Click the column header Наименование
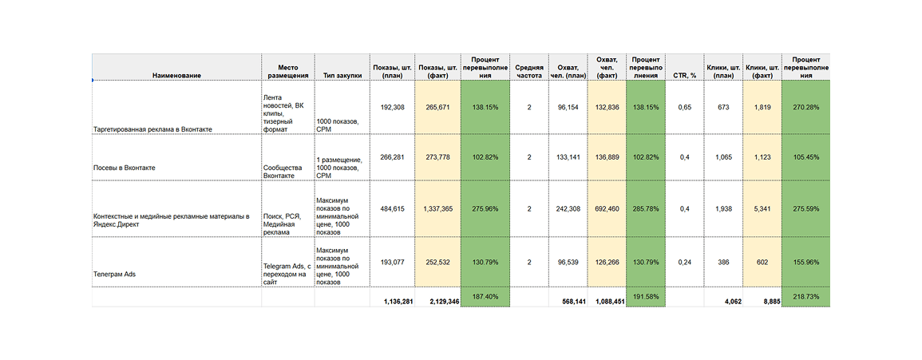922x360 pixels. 176,75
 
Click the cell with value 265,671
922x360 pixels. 439,106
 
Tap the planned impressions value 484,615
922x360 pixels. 393,208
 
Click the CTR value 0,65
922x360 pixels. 684,106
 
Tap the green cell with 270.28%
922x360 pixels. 805,106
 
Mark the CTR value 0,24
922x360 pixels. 684,261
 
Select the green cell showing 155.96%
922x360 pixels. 805,261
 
